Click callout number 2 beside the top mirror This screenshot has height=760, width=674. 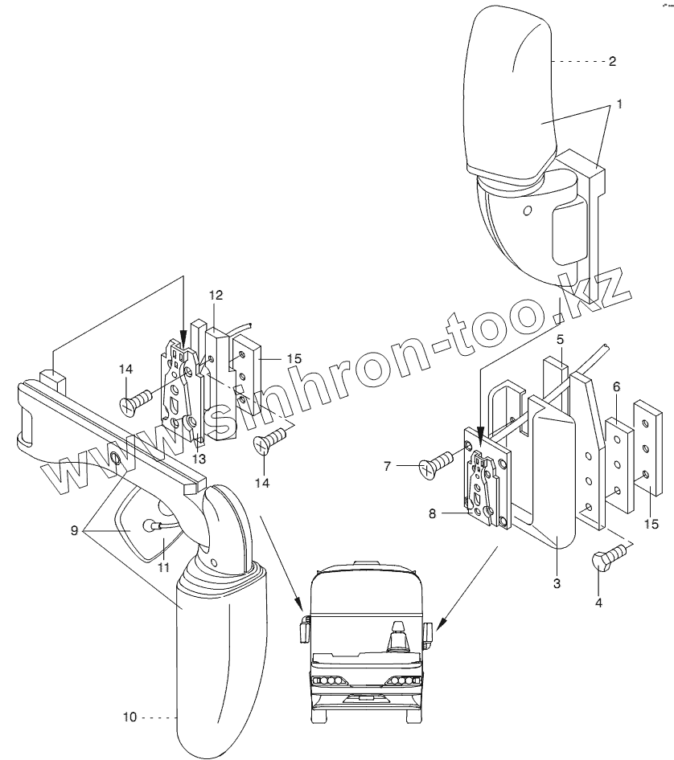pos(611,61)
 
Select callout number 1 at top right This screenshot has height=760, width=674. pos(619,104)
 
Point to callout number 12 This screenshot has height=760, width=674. pos(215,295)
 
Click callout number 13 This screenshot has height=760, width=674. pos(198,459)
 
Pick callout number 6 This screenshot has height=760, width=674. pos(616,386)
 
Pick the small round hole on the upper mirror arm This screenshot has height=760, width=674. pos(527,210)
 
